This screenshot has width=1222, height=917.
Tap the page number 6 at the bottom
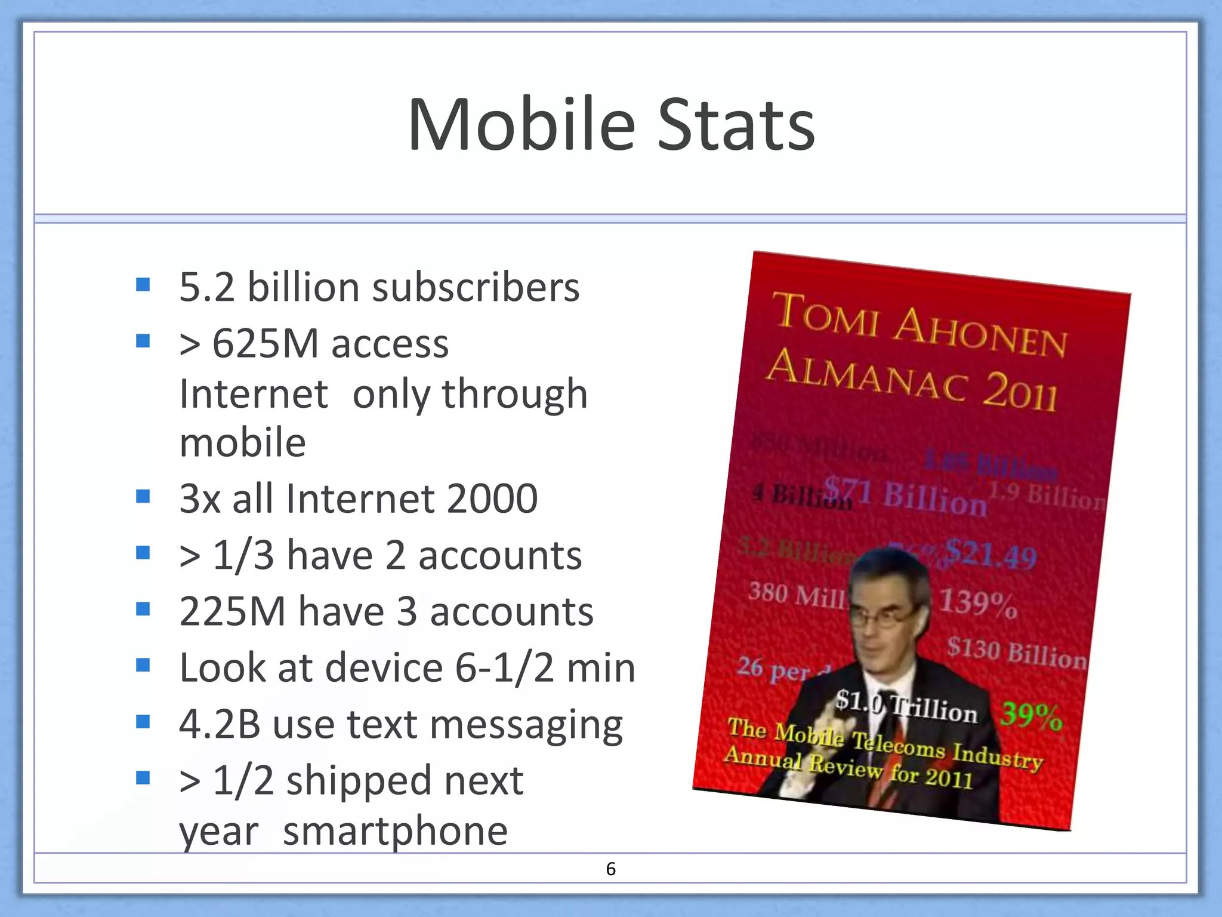(x=610, y=869)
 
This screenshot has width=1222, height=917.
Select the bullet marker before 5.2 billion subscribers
(x=143, y=284)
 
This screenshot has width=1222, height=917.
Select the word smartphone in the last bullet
(x=395, y=831)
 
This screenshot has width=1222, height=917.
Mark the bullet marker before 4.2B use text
(x=143, y=722)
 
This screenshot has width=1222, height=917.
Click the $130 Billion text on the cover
(x=1016, y=652)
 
